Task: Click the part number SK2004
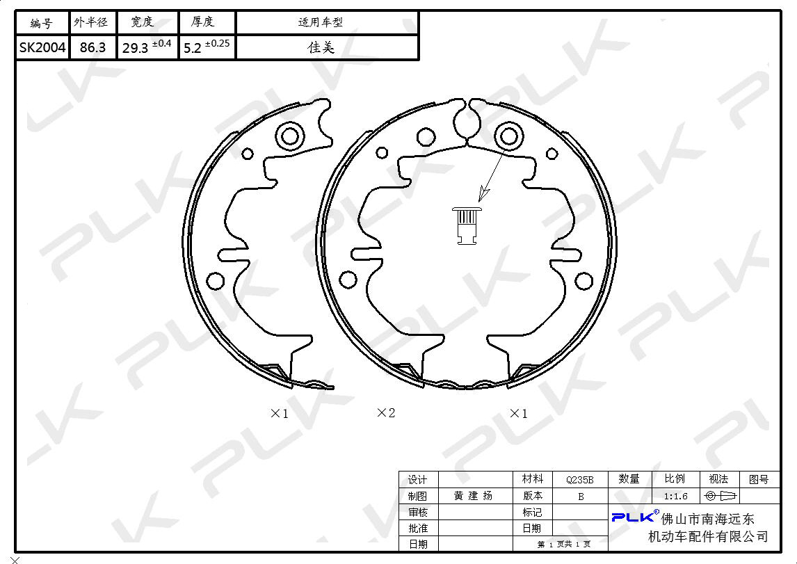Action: tap(42, 48)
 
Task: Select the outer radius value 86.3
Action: tap(92, 48)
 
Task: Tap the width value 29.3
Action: tap(135, 48)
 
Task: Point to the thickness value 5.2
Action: tap(193, 48)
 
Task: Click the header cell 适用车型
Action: tap(320, 22)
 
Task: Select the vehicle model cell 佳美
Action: tap(321, 47)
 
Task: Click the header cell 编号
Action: tap(41, 23)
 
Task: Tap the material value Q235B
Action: tap(579, 480)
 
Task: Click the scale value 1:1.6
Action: tap(675, 496)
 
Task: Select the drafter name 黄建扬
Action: tap(473, 495)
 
